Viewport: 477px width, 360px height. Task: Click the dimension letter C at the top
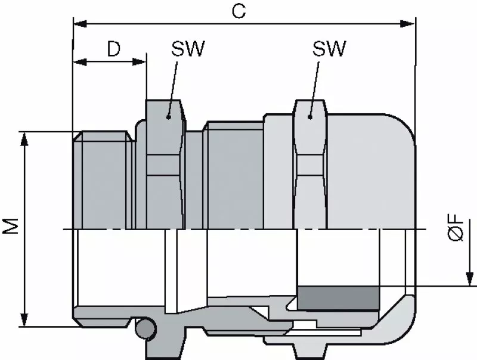click(239, 13)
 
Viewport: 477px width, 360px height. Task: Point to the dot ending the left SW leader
click(169, 117)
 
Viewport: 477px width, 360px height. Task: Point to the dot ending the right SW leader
click(309, 117)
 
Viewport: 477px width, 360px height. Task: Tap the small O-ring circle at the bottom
click(144, 328)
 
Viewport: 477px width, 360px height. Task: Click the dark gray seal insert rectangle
click(338, 297)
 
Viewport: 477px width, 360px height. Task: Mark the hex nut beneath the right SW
click(310, 167)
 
